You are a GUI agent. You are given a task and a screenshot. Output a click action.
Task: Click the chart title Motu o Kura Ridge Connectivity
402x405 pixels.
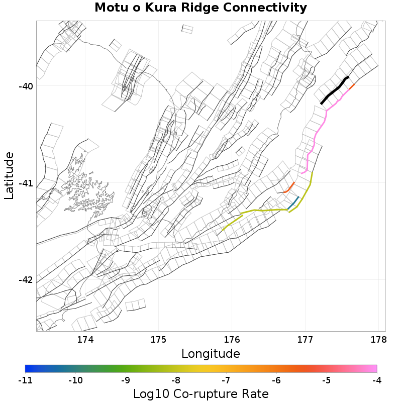click(200, 8)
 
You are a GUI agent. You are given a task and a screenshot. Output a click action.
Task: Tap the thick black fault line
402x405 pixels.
click(334, 90)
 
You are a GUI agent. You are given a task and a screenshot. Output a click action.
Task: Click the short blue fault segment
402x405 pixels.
click(293, 203)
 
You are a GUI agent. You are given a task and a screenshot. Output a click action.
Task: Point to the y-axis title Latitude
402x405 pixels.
click(9, 176)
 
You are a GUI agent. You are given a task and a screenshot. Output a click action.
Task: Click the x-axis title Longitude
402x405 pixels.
click(211, 353)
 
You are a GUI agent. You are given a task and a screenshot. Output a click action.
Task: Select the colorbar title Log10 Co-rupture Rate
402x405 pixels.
click(200, 393)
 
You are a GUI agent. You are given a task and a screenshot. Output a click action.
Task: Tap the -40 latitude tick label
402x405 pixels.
click(25, 86)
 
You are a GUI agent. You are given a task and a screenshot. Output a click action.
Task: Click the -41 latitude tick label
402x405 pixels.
click(25, 183)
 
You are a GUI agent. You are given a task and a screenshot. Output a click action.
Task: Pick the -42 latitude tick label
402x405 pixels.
click(25, 280)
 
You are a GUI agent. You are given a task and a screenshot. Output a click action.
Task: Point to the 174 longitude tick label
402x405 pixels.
click(85, 340)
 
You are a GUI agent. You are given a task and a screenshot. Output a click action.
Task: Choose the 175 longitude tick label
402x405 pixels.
click(159, 340)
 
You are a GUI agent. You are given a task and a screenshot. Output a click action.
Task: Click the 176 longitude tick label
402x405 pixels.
click(232, 340)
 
